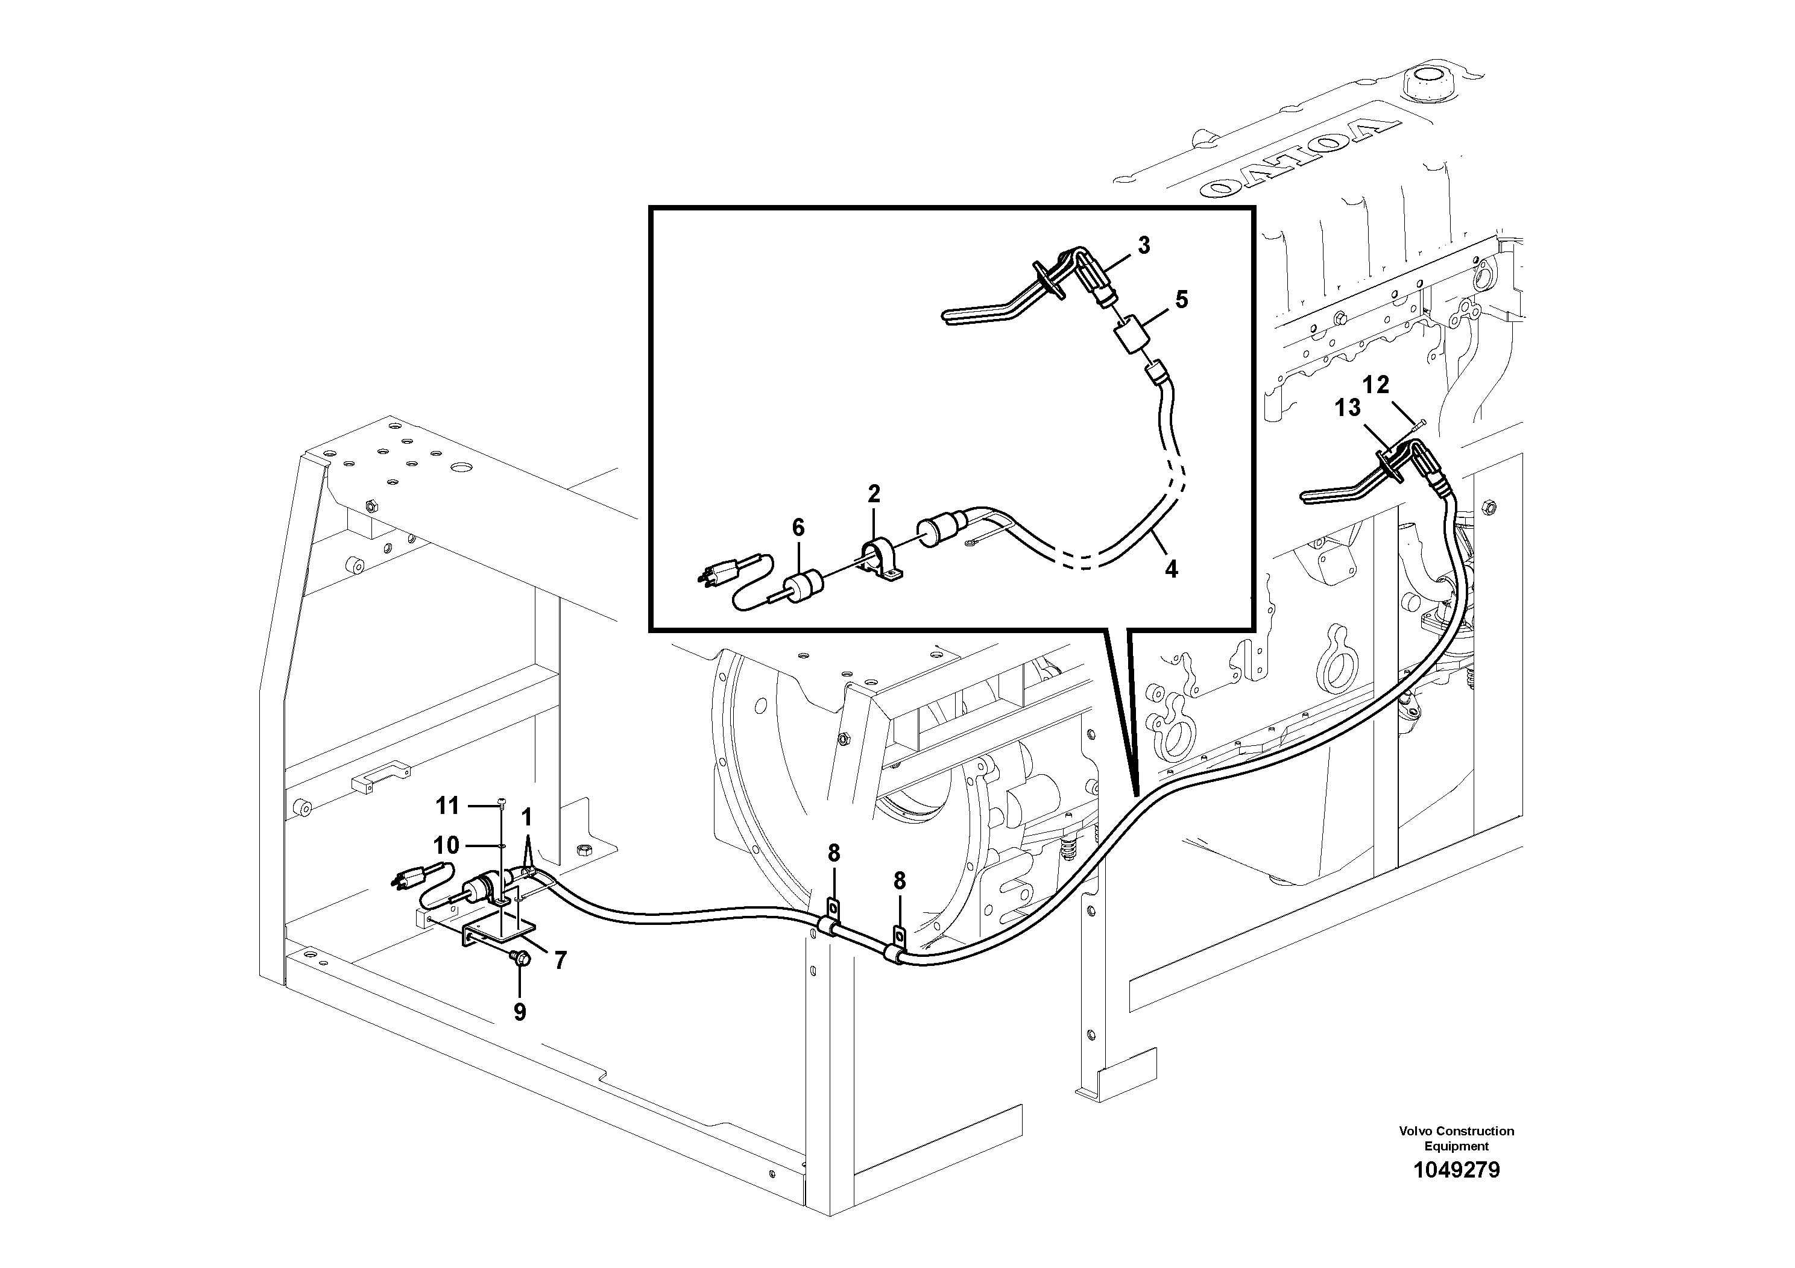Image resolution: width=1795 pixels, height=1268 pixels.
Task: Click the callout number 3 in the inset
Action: pyautogui.click(x=1144, y=245)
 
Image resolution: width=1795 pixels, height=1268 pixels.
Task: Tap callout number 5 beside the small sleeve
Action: pyautogui.click(x=1181, y=300)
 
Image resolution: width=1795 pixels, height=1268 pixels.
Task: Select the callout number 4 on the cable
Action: pyautogui.click(x=1170, y=569)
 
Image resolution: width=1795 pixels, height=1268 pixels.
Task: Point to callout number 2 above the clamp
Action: pyautogui.click(x=874, y=493)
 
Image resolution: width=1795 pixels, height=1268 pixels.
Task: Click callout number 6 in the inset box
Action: pyautogui.click(x=798, y=528)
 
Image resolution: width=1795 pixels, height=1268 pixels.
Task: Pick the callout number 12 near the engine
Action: pyautogui.click(x=1376, y=385)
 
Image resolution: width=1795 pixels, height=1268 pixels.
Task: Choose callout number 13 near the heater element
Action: pyautogui.click(x=1348, y=408)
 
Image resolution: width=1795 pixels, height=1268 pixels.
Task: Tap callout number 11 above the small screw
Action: pyautogui.click(x=447, y=805)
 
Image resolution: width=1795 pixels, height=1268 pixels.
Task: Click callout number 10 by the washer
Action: pyautogui.click(x=446, y=845)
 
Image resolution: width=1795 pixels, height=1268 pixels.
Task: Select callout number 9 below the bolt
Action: pyautogui.click(x=520, y=1012)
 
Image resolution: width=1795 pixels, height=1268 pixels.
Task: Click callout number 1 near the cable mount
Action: pyautogui.click(x=526, y=818)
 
